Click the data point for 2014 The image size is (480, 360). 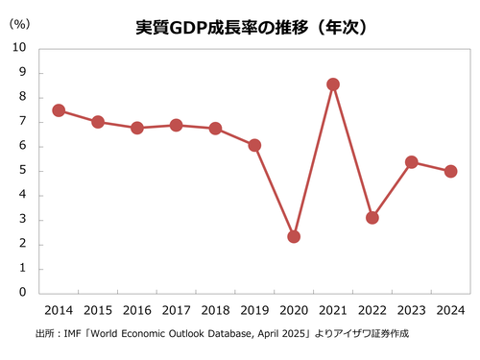coord(59,110)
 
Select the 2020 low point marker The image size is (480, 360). coord(294,236)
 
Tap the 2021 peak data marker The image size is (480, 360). coord(333,84)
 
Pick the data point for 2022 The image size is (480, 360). coord(372,218)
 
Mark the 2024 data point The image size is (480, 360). coord(450,171)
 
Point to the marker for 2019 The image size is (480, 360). coord(254,146)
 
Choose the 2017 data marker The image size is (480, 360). coord(176,125)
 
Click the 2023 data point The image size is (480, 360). coord(411,162)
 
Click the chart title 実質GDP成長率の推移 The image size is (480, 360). coord(239,26)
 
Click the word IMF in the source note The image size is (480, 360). coord(71,334)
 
